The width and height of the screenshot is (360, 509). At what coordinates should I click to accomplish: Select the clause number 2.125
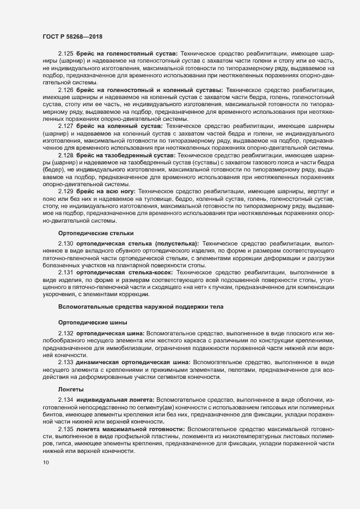click(65, 54)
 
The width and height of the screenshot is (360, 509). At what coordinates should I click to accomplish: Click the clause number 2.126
click(65, 89)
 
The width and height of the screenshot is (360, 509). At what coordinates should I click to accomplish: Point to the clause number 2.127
click(65, 125)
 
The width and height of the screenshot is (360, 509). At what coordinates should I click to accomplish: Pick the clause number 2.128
click(65, 155)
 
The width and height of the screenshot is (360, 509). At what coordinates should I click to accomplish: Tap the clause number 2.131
click(65, 272)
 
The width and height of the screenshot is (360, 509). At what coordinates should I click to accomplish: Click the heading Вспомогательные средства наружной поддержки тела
click(125, 307)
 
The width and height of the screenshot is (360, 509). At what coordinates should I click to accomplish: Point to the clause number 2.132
click(65, 333)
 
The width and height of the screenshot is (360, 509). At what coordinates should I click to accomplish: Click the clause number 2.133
click(65, 361)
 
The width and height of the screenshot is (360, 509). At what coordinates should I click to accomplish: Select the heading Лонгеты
click(71, 389)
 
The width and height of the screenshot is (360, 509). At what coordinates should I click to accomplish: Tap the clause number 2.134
click(65, 401)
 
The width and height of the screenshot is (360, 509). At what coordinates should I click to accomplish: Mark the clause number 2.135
click(65, 430)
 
